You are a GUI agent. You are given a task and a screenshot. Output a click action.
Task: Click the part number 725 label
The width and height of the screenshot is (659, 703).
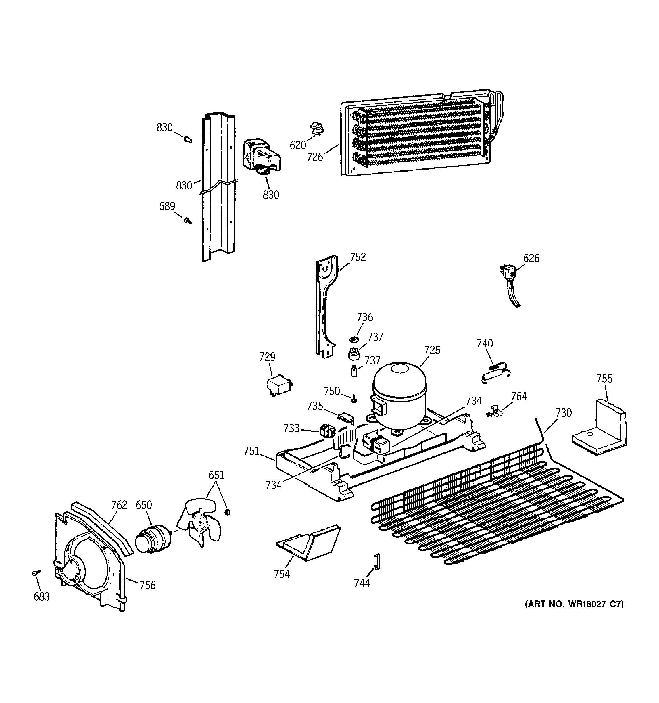[x=432, y=350]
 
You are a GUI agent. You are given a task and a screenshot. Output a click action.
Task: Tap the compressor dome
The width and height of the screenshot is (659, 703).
[x=400, y=393]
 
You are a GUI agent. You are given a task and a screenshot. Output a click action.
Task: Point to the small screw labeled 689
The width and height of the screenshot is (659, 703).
[x=188, y=221]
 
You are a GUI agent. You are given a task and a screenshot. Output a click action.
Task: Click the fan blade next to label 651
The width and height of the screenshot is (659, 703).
[x=200, y=523]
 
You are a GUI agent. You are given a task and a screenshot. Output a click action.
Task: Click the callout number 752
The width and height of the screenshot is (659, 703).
[x=358, y=257]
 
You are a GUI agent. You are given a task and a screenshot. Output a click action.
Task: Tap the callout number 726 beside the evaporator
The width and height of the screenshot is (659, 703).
[x=315, y=157]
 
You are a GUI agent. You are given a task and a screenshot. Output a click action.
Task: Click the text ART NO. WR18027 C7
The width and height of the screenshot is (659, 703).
[x=574, y=604]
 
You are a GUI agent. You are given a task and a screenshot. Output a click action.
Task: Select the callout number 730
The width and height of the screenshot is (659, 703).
[x=564, y=413]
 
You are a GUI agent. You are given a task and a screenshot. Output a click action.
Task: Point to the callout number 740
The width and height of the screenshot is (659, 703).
[x=485, y=343]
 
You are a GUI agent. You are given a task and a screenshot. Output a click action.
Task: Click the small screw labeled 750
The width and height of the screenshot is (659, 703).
[x=354, y=399]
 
